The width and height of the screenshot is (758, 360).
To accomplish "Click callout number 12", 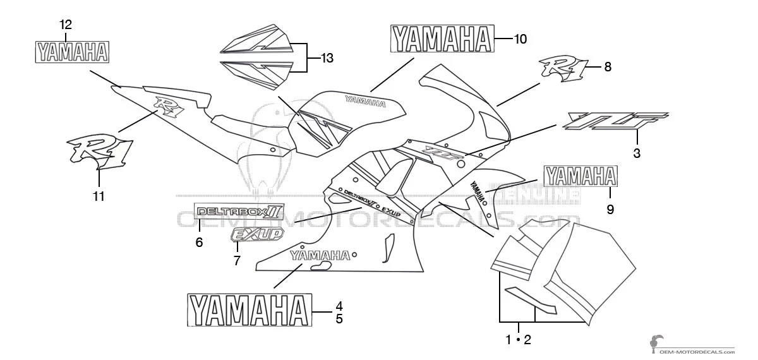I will point(66,25).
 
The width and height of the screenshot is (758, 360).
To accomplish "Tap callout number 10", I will point(519,39).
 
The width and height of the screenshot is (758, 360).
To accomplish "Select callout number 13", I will point(327,59).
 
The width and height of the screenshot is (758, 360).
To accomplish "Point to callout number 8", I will point(608,66).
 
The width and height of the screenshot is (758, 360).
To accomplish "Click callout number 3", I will point(637,152).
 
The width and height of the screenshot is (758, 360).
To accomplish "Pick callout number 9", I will point(610,210).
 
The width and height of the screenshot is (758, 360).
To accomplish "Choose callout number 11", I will point(99,196).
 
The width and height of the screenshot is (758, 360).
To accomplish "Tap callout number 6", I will point(199,242).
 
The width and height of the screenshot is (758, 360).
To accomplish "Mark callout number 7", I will point(237,260).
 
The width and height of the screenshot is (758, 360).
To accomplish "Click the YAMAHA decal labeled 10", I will point(442,39).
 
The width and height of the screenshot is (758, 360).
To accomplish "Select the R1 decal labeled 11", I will point(100,150).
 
